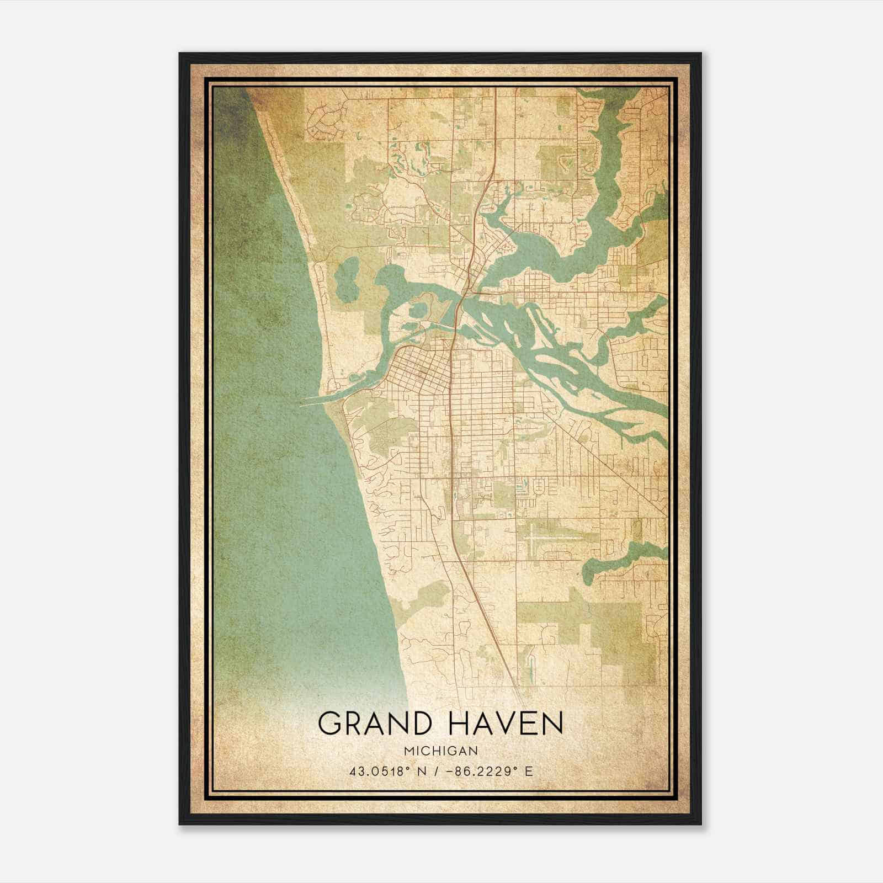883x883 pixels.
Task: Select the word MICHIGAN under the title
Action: (x=441, y=751)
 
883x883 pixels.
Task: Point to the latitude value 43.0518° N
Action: (x=385, y=772)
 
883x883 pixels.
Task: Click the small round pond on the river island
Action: (x=418, y=308)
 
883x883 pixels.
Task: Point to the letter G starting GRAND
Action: (x=332, y=723)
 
